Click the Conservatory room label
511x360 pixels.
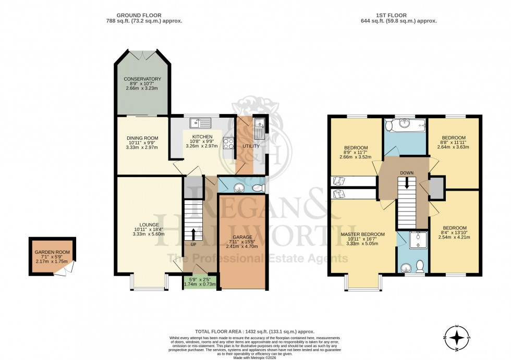point(142,79)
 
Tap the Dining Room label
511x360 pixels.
point(142,138)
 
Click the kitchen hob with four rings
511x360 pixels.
point(228,143)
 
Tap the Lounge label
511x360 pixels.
point(142,225)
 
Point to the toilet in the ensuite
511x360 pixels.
point(420,266)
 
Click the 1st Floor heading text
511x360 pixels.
point(398,16)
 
